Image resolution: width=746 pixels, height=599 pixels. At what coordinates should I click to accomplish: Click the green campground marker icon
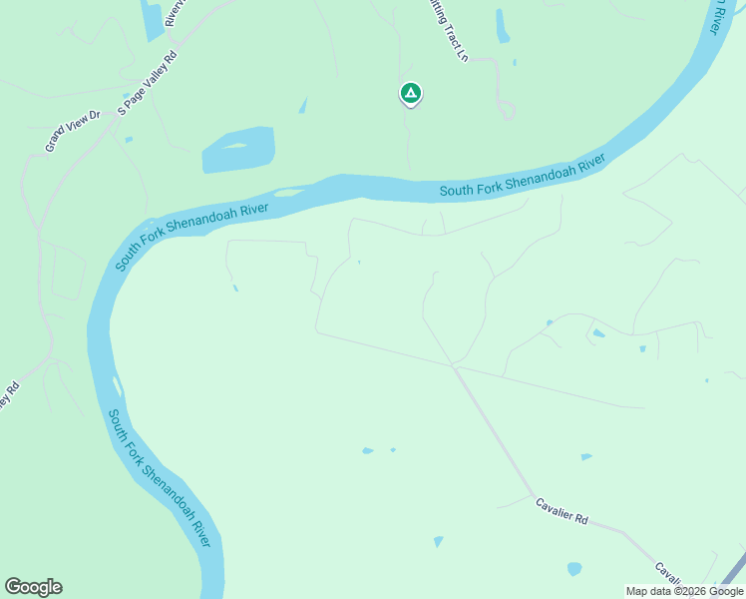[410, 94]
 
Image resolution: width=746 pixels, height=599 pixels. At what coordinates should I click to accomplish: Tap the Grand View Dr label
[74, 131]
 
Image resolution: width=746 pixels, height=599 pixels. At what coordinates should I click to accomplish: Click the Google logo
[33, 587]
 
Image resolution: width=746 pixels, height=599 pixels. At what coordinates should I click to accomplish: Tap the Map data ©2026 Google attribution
[684, 591]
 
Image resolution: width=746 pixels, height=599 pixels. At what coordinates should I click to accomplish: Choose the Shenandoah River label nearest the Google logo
[160, 478]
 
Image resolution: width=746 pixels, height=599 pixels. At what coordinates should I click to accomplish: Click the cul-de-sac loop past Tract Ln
[508, 110]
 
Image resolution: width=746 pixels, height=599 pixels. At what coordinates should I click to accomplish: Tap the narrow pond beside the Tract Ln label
[503, 27]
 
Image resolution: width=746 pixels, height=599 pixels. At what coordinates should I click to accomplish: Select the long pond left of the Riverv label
[153, 20]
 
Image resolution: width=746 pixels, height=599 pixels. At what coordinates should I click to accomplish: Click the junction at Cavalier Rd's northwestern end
[455, 366]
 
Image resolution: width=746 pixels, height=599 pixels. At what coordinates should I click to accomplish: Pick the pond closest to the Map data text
[574, 569]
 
